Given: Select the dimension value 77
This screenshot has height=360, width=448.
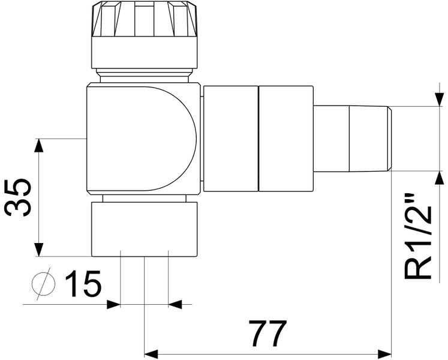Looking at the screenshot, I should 268,334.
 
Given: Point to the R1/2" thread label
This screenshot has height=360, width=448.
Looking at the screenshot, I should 419,236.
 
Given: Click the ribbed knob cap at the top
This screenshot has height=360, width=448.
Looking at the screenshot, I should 144,19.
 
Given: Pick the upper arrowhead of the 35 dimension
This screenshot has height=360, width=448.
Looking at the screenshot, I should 40,146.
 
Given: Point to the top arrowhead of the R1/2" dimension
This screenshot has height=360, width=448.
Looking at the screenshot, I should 440,99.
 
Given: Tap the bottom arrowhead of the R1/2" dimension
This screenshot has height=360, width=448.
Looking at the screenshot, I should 440,179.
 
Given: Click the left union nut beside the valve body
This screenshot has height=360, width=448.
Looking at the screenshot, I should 230,139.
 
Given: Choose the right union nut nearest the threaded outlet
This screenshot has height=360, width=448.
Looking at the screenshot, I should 286,139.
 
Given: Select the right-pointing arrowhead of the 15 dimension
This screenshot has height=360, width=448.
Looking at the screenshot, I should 113,305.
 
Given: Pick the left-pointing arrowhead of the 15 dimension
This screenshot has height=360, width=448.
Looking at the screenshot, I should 175,305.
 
